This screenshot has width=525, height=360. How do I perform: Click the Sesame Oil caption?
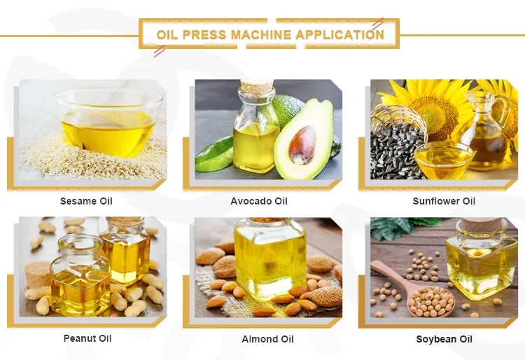(86, 201)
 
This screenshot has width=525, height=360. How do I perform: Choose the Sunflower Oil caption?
(444, 201)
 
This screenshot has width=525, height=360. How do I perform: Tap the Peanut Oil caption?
(87, 338)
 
